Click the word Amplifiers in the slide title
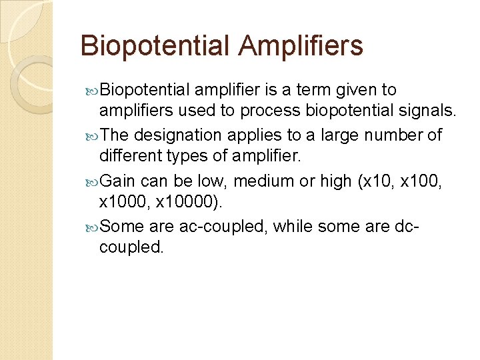click(x=301, y=45)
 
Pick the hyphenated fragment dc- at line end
click(x=407, y=226)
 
